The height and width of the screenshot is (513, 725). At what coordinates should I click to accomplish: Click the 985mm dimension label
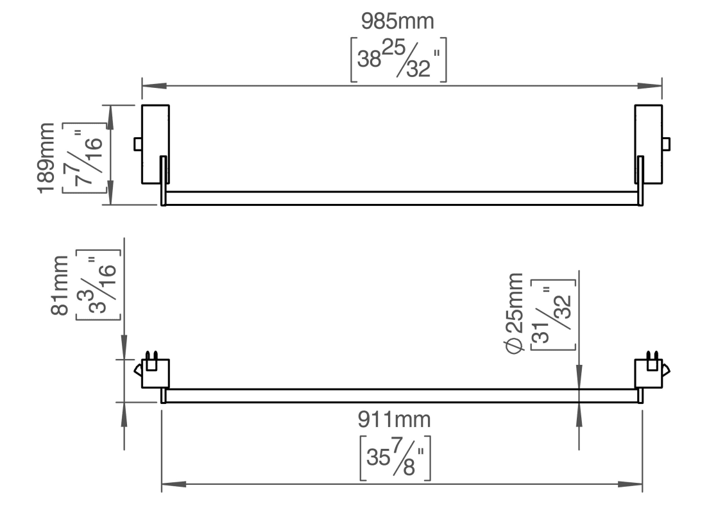[x=398, y=21]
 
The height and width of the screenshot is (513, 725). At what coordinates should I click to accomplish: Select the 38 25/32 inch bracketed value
[x=398, y=60]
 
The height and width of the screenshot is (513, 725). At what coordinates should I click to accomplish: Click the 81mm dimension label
[x=60, y=285]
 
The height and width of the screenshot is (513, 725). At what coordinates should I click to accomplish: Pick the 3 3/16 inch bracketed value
[x=98, y=285]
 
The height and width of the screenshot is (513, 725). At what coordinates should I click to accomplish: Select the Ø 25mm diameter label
[x=515, y=313]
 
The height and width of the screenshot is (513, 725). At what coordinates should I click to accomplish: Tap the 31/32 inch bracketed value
[x=554, y=315]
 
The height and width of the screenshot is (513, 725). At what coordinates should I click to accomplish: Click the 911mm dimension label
[x=394, y=419]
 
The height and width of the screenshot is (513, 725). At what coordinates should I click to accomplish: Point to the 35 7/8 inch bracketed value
[x=395, y=458]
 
